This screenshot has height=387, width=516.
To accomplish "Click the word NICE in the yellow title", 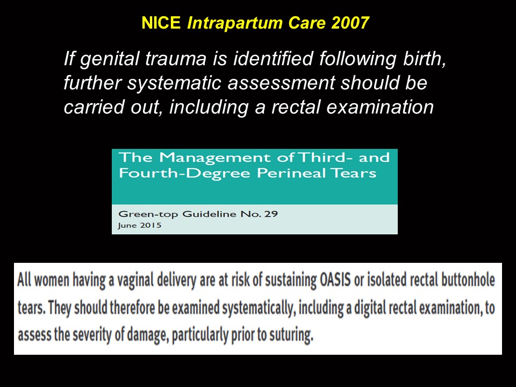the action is (161, 23).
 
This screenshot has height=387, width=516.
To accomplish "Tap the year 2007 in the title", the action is (350, 23).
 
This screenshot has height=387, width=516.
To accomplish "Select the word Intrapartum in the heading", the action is (235, 23).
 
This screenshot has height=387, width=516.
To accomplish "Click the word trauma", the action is (176, 59).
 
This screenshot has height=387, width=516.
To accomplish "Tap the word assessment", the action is (281, 83).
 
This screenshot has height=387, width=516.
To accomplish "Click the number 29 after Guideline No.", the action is (271, 214).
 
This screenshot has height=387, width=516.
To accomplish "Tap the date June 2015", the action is (140, 225).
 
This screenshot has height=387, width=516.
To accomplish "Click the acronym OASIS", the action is (335, 280).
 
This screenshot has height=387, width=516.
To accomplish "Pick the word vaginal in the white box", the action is (135, 281).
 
